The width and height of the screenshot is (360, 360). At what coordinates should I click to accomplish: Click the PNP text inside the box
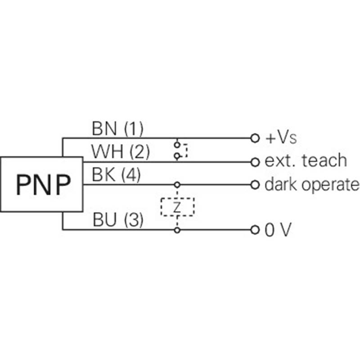[43, 184]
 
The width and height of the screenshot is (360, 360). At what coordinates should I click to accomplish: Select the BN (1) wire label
[117, 129]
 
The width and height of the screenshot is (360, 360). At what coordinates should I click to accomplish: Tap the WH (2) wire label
[120, 152]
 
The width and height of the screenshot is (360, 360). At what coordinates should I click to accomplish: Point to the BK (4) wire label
[116, 175]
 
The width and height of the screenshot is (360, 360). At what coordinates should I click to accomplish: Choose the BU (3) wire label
[118, 220]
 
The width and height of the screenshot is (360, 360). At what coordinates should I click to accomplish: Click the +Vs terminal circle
[255, 138]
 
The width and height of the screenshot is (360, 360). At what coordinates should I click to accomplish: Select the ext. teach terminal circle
[255, 162]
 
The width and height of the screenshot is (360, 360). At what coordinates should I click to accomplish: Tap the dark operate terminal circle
[255, 184]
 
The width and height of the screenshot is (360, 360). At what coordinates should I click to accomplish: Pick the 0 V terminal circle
[255, 230]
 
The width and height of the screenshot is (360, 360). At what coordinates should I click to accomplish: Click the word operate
[330, 185]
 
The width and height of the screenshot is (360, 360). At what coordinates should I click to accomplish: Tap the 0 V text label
[278, 229]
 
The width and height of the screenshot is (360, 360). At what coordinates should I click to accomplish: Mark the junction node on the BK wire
[177, 184]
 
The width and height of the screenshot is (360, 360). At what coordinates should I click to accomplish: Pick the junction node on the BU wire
[177, 230]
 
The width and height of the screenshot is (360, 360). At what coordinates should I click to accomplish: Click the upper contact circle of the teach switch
[177, 144]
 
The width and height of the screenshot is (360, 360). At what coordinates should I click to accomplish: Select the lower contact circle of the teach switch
[177, 156]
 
